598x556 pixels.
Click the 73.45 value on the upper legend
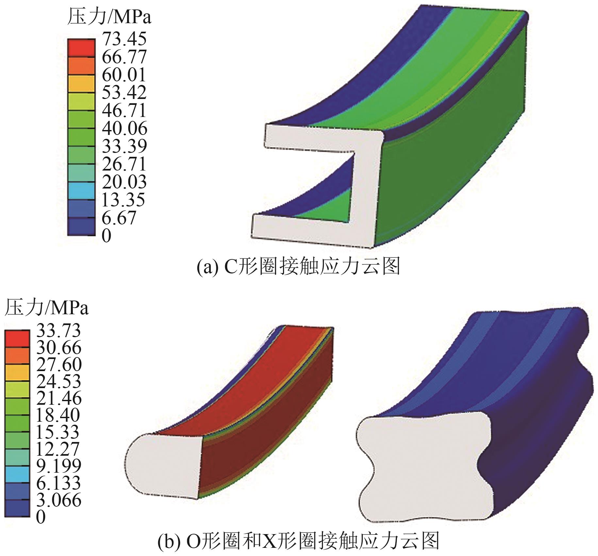pos(124,39)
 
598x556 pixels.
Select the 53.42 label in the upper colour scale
pos(124,92)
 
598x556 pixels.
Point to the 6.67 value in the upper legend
pos(119,217)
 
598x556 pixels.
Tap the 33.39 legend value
pos(125,146)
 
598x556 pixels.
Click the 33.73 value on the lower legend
pos(58,330)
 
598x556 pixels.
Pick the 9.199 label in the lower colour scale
pos(58,466)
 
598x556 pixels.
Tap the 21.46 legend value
pos(58,398)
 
